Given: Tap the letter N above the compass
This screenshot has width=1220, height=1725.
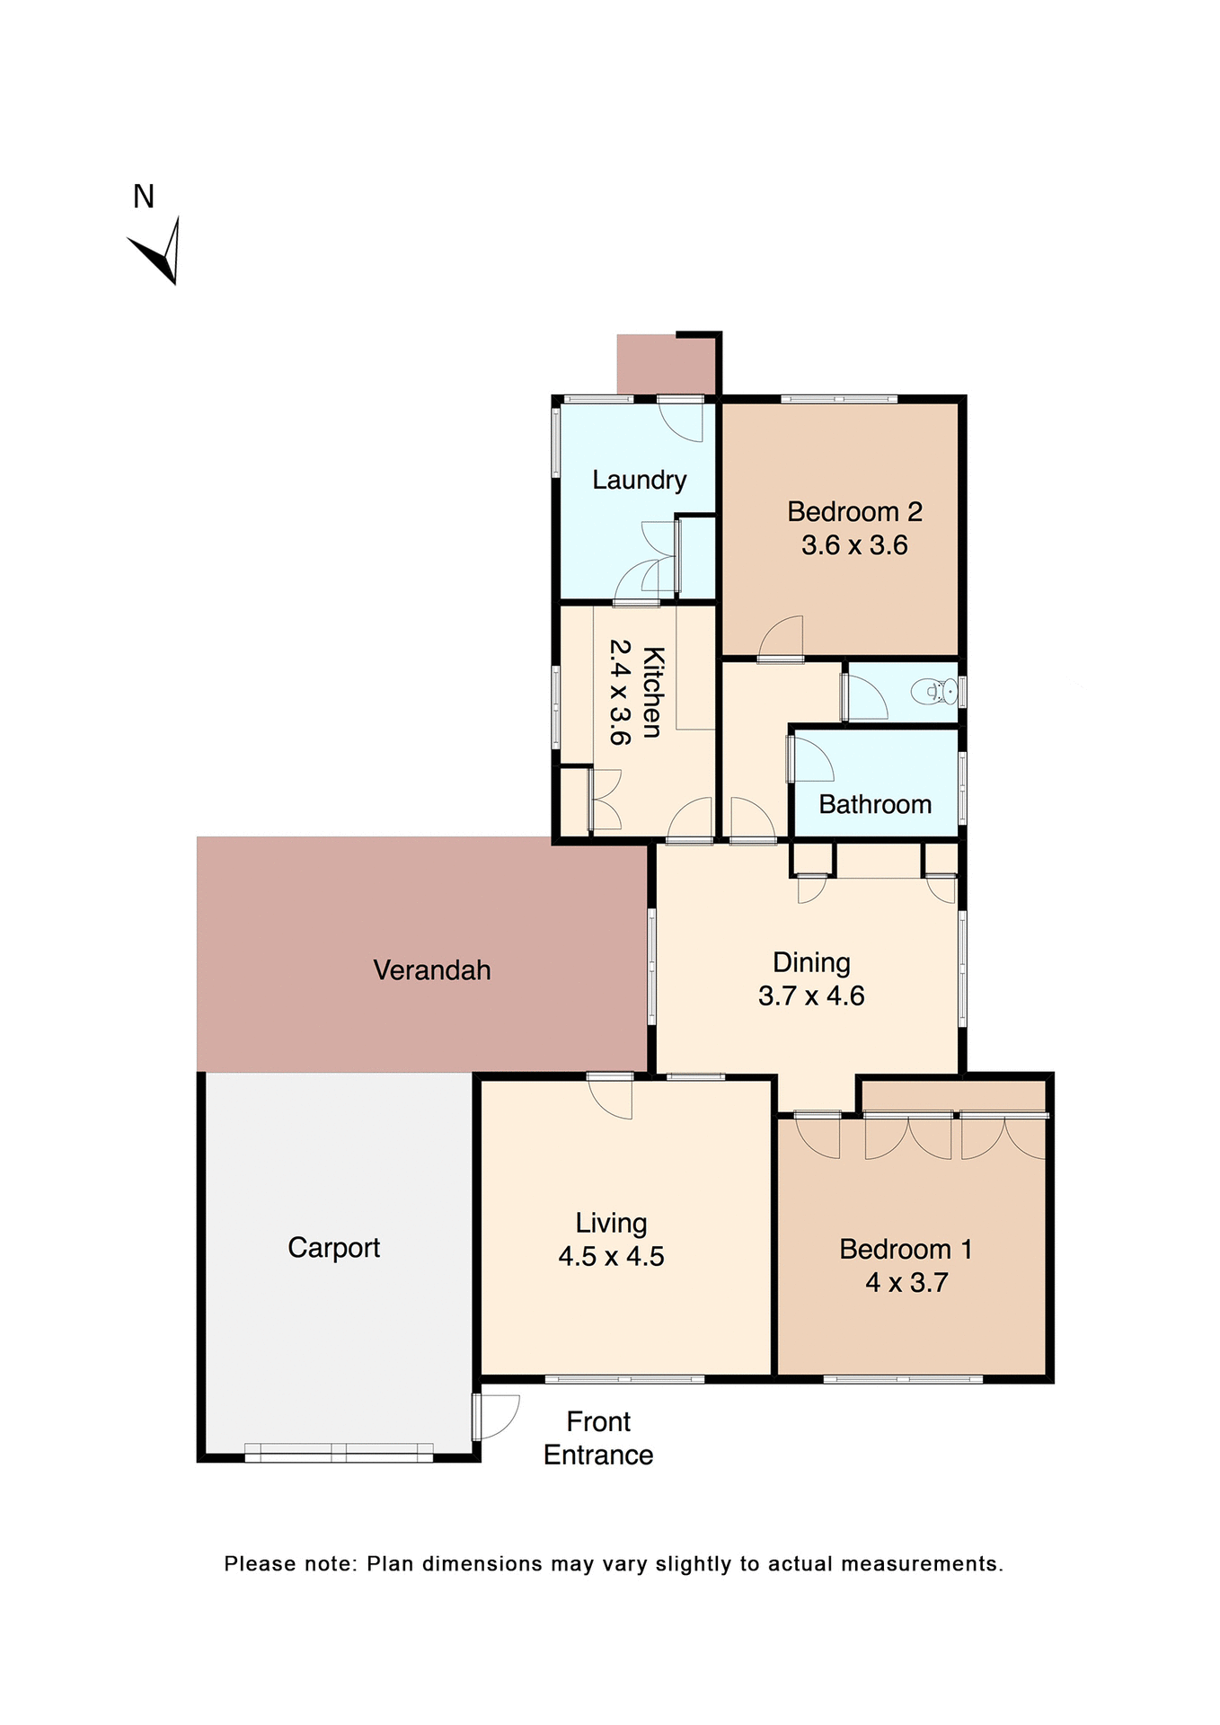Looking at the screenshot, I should pos(144,197).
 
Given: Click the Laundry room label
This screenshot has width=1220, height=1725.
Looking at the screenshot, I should pos(639,480).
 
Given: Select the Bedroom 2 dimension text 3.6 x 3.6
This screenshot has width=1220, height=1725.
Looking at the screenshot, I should pos(854,545).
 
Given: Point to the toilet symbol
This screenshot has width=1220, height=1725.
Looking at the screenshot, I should pos(933,692).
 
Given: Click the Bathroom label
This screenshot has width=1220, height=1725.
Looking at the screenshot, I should pos(875,804).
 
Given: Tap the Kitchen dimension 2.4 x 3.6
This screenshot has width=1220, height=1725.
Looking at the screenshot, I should pos(620,692).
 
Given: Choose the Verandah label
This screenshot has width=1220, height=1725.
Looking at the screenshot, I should pos(432,970).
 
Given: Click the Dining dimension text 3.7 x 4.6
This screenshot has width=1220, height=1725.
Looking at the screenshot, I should pos(811,995).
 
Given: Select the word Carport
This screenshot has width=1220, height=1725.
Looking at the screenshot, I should pos(334,1248).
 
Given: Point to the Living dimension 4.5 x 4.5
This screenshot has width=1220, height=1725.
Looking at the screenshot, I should pos(611,1256).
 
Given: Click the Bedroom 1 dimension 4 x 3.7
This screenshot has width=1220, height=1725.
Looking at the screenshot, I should pos(906,1282).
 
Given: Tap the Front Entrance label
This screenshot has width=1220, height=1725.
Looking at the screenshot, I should pos(598,1438).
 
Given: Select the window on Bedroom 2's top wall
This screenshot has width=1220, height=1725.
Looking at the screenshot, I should pos(838,399).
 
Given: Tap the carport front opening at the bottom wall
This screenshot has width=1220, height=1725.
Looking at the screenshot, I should pos(339,1453).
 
